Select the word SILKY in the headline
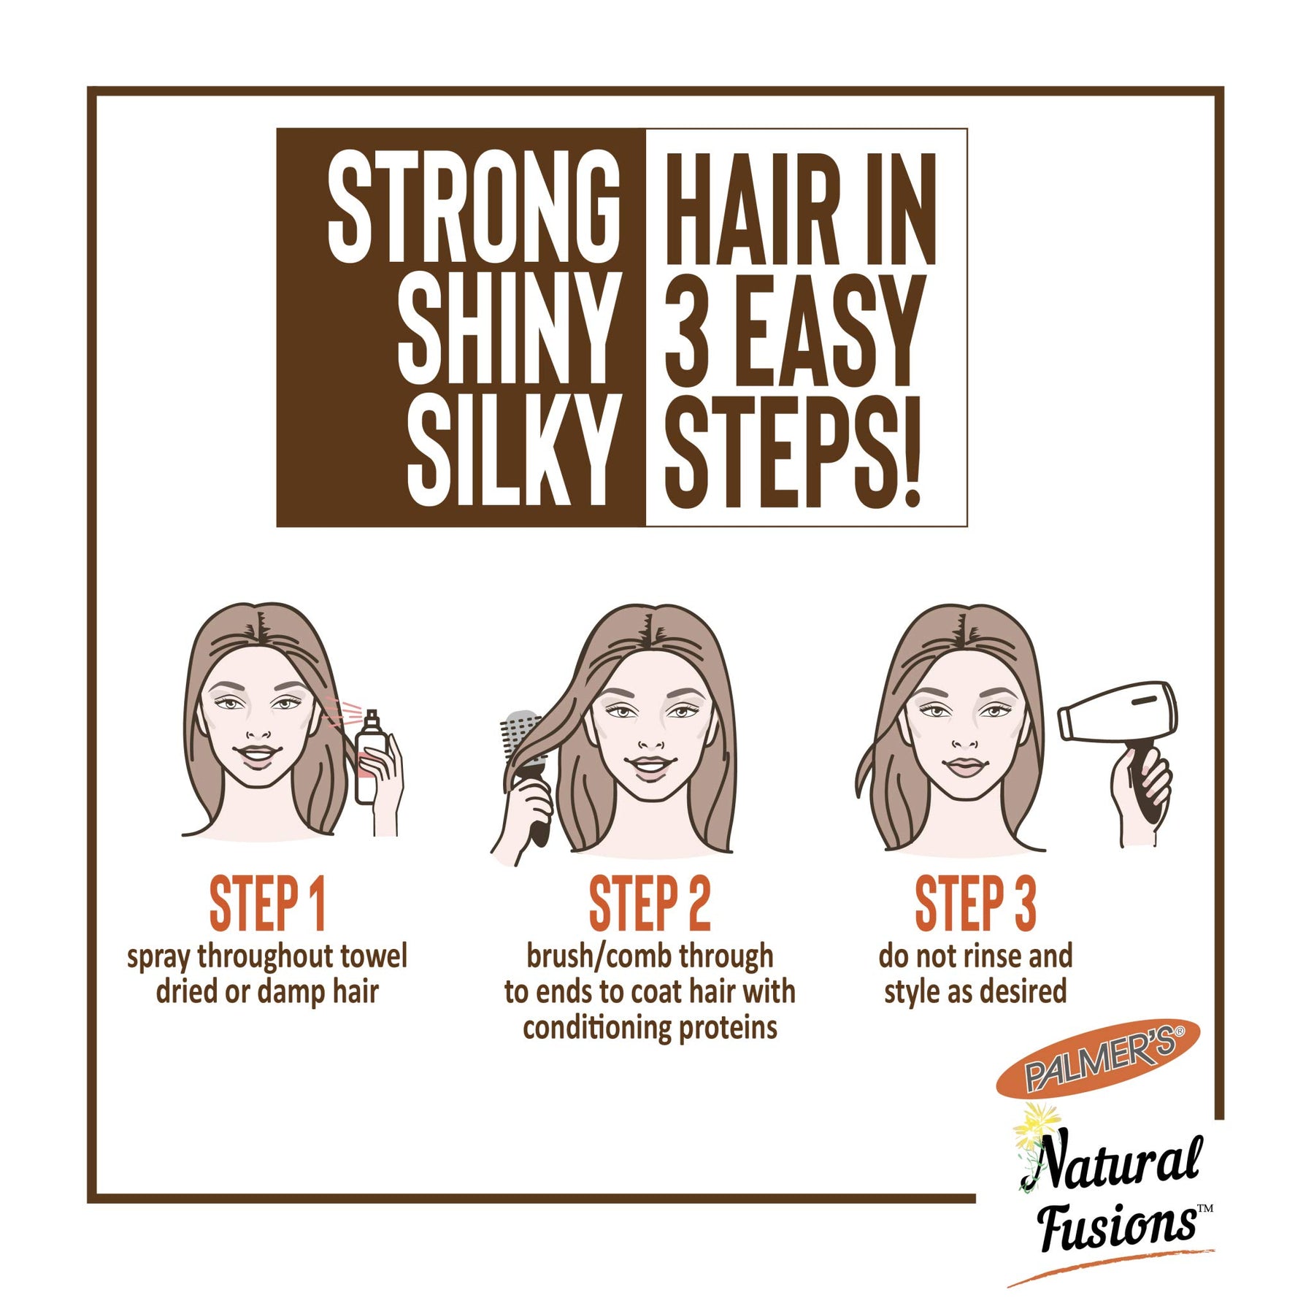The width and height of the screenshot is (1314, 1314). pos(510,450)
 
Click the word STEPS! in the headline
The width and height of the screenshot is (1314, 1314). pos(793,452)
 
